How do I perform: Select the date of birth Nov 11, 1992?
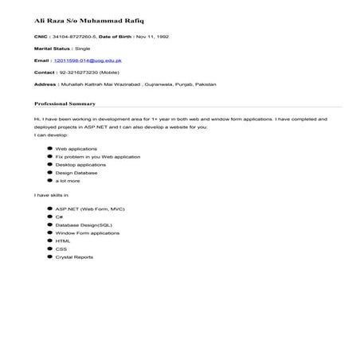[151, 37]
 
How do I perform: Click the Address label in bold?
[45, 84]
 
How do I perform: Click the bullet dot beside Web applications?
[50, 149]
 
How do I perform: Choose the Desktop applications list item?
[80, 165]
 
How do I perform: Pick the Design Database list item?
[76, 173]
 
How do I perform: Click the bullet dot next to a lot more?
[50, 181]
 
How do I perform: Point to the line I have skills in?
[51, 194]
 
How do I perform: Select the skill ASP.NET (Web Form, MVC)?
[92, 209]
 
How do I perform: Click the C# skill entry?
[60, 217]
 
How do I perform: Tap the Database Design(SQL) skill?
[84, 225]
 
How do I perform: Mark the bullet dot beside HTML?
[50, 241]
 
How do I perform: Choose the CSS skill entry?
[61, 249]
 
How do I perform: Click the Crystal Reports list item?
[75, 257]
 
